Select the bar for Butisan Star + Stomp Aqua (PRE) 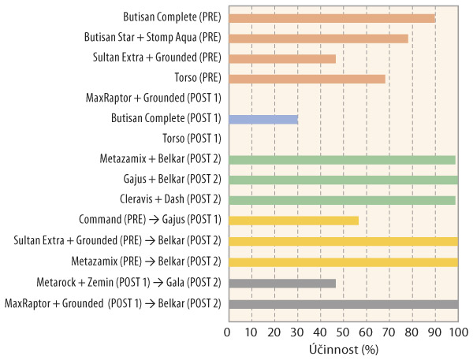click(x=318, y=38)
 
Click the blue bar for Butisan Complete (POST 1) click(x=263, y=119)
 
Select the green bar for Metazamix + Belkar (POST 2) click(x=341, y=160)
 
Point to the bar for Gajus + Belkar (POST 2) click(x=342, y=180)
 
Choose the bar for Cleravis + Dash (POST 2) click(x=341, y=200)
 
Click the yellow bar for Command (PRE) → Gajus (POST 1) click(x=292, y=221)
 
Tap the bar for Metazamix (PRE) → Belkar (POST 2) click(x=342, y=262)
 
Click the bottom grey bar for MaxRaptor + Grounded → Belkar click(x=342, y=303)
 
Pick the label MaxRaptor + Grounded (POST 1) click(x=153, y=98)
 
